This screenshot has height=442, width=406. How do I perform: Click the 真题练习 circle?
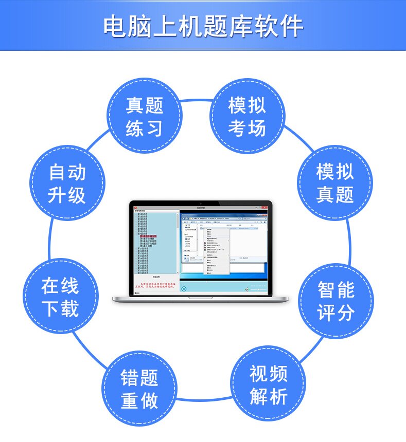145,116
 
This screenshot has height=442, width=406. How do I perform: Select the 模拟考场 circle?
247,116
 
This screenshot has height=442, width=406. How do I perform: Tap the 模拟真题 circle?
335,183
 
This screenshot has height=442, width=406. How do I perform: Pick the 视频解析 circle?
268,386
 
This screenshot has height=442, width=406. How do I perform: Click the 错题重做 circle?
139,389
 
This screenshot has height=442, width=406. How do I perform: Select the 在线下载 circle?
60,297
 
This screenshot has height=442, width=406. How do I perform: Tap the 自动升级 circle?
67,183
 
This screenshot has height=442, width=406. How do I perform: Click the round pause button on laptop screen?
183,289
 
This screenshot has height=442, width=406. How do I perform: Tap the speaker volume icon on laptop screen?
247,289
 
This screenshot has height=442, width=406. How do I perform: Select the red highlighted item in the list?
149,236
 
